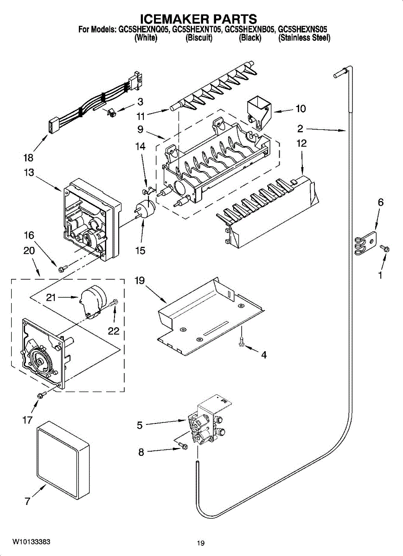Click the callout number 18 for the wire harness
tap(28, 158)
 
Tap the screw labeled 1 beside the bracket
tap(385, 248)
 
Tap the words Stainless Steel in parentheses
tap(304, 38)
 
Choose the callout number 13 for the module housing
tap(29, 172)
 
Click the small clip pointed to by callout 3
tap(112, 113)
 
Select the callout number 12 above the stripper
tap(301, 143)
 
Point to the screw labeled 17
tap(41, 394)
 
